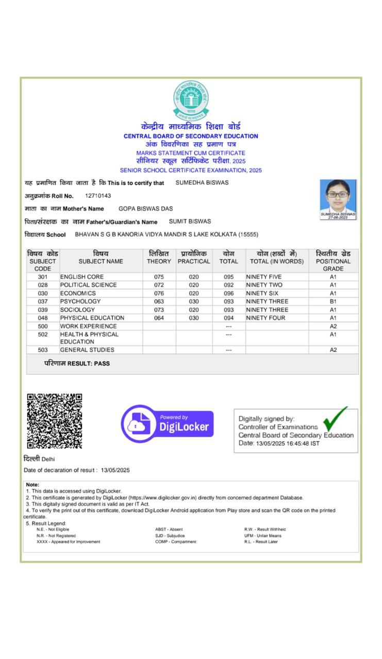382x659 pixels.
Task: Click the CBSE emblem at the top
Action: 191,100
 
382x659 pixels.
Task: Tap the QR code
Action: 54,421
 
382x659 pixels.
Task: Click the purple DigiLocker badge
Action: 167,424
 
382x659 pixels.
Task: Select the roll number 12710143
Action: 98,196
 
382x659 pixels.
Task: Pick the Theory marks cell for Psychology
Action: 159,301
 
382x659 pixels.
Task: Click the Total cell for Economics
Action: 228,293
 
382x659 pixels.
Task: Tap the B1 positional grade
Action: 333,301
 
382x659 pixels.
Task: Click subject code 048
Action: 43,318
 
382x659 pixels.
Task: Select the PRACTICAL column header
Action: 194,261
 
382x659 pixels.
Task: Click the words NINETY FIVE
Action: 264,276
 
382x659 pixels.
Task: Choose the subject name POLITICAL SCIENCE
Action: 88,285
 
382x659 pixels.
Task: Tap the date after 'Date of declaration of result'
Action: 115,470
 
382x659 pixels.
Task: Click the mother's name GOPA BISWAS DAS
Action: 145,209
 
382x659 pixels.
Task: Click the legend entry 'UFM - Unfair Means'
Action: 263,535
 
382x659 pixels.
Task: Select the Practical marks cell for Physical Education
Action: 194,318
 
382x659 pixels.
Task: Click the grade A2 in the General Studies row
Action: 333,350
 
